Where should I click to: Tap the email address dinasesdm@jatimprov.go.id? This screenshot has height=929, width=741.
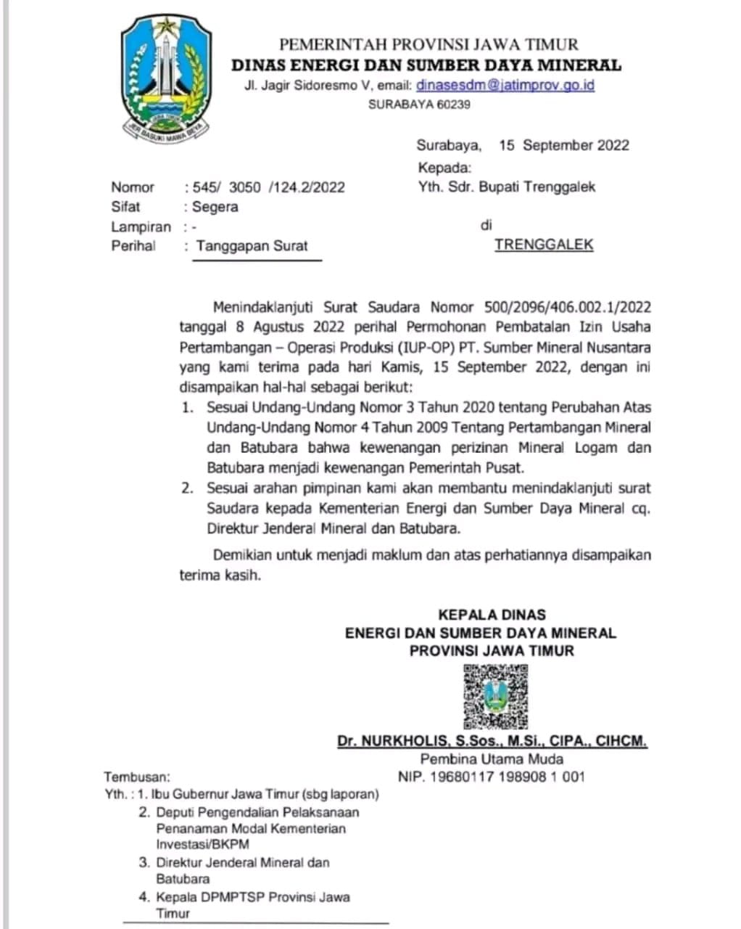(x=505, y=85)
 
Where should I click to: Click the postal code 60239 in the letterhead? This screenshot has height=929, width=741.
(x=453, y=105)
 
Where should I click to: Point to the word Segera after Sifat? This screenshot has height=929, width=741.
(x=215, y=207)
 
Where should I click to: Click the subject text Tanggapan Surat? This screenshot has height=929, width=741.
(x=252, y=245)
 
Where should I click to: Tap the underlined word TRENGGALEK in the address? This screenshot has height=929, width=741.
(x=544, y=245)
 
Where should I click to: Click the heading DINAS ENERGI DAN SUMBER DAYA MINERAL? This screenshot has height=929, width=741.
(x=426, y=65)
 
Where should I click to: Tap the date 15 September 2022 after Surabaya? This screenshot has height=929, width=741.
(x=564, y=145)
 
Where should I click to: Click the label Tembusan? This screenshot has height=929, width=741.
(x=138, y=777)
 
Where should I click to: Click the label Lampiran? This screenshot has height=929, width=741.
(x=141, y=226)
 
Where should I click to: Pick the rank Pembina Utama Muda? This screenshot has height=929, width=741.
(x=492, y=759)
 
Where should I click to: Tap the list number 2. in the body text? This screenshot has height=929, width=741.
(x=187, y=488)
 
